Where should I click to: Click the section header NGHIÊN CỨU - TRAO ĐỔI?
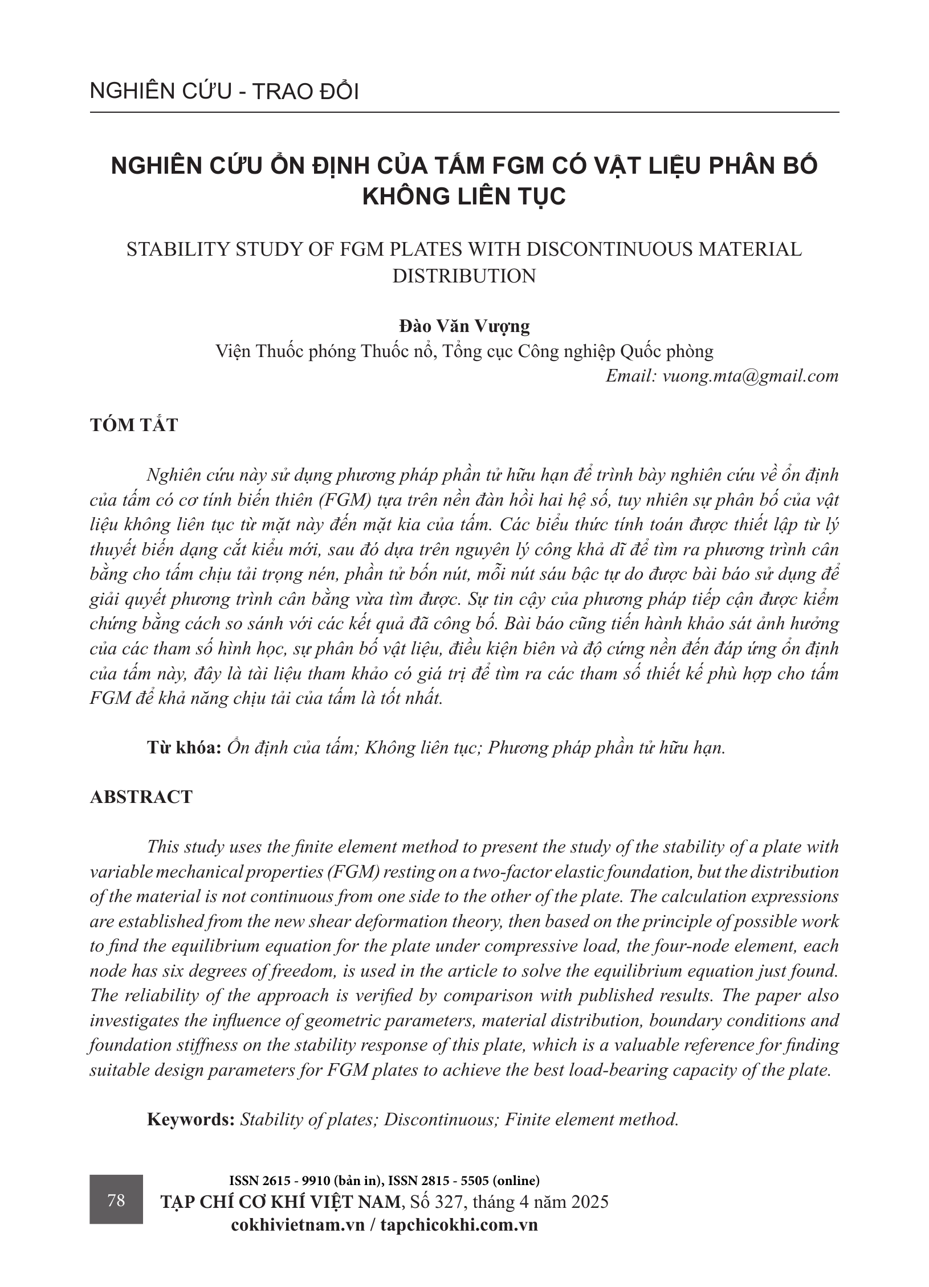pyautogui.click(x=224, y=92)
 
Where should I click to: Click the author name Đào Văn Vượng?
pyautogui.click(x=464, y=326)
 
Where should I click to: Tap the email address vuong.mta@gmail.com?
pyautogui.click(x=751, y=376)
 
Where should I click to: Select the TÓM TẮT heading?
pyautogui.click(x=134, y=425)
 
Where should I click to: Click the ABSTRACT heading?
pyautogui.click(x=141, y=797)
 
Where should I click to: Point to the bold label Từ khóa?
pyautogui.click(x=184, y=747)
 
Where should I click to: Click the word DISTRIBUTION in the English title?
pyautogui.click(x=464, y=276)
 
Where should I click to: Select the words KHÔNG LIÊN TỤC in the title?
pyautogui.click(x=464, y=196)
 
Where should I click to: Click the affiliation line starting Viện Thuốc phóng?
pyautogui.click(x=464, y=351)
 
